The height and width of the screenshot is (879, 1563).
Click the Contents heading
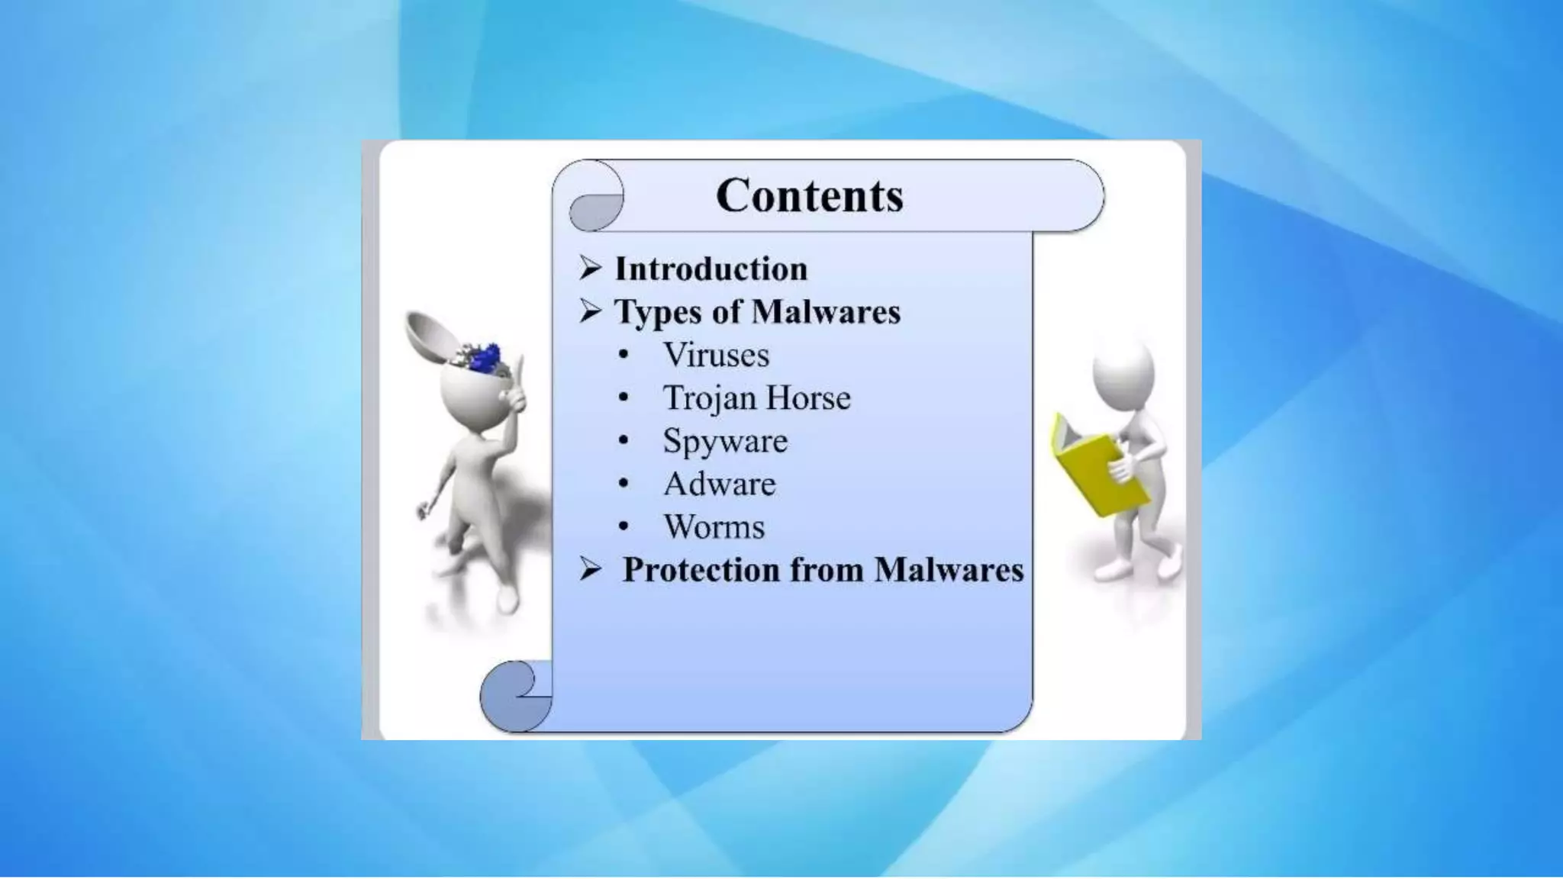[x=809, y=195]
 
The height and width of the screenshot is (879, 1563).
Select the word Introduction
[x=711, y=269]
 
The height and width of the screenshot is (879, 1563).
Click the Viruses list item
[x=716, y=355]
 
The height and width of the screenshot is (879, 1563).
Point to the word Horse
[x=807, y=398]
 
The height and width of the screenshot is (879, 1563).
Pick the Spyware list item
[x=724, y=441]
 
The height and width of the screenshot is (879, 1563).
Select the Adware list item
[x=719, y=484]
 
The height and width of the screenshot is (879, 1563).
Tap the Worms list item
[x=714, y=526]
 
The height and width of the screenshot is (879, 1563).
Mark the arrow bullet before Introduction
[x=590, y=268]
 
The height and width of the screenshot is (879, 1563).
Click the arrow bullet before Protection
[x=590, y=569]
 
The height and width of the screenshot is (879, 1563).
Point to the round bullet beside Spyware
[x=624, y=440]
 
